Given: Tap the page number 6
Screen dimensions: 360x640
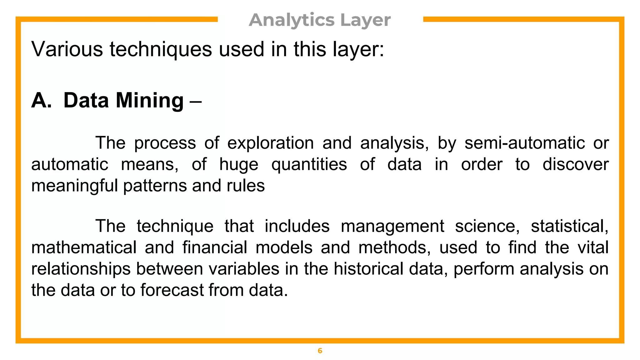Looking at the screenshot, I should [x=320, y=351].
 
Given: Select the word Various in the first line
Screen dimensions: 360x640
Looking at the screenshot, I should [x=67, y=49].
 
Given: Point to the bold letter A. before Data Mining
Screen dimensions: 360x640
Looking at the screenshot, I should [x=41, y=101].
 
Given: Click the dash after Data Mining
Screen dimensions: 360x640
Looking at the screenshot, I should [x=196, y=101].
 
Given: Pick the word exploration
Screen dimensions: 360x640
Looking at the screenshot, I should [x=270, y=143].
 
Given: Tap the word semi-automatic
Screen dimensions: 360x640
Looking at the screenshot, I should [x=524, y=143].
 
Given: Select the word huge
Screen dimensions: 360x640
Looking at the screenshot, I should [x=239, y=165].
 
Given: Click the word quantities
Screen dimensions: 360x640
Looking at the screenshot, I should [x=309, y=165].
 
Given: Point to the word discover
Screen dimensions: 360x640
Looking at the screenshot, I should [x=575, y=164].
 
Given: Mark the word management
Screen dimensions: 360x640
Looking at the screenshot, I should [x=392, y=227].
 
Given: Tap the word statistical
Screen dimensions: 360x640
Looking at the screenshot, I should [x=569, y=226].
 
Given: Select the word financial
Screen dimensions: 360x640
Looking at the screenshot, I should [x=215, y=247].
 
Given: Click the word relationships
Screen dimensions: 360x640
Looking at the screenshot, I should [x=81, y=269].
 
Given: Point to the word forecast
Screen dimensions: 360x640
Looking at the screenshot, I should [x=172, y=290].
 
